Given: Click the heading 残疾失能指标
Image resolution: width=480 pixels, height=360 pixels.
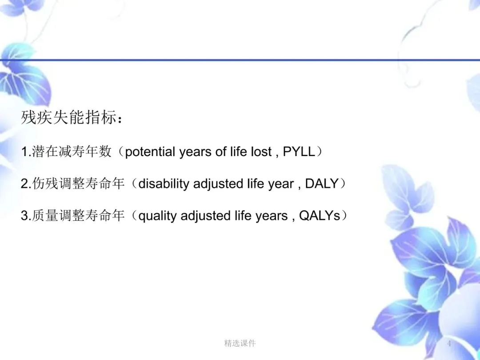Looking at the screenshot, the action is click(x=70, y=117).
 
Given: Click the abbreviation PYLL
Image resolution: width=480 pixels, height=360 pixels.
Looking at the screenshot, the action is click(x=299, y=152).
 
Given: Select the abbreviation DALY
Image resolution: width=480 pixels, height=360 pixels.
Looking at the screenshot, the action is click(x=322, y=184).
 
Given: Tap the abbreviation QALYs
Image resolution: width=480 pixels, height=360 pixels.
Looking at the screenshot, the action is click(x=320, y=216).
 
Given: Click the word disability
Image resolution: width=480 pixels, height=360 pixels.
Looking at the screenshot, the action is click(x=164, y=184).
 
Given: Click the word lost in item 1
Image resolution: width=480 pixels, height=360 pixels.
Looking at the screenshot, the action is click(x=261, y=152).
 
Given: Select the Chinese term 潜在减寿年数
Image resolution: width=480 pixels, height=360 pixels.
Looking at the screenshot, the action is click(x=72, y=152).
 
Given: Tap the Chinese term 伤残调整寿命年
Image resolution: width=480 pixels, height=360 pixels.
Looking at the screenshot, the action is click(x=78, y=184).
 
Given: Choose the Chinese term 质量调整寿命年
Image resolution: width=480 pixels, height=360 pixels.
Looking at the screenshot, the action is click(x=78, y=216).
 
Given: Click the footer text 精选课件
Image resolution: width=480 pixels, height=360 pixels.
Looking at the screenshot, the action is click(x=240, y=344).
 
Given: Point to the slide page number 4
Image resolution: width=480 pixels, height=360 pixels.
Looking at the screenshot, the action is click(x=449, y=344).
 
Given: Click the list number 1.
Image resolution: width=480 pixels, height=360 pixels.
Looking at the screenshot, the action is click(x=24, y=152).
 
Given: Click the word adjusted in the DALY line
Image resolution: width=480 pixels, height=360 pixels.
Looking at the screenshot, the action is click(x=218, y=184).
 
